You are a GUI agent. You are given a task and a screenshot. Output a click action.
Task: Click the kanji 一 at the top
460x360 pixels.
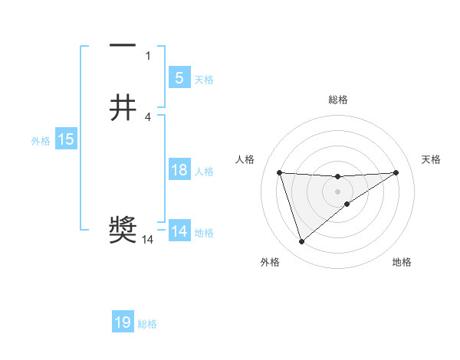[123, 47]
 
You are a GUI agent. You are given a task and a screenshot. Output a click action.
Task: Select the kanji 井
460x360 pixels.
[123, 107]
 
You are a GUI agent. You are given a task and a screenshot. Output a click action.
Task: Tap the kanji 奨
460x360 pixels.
[123, 230]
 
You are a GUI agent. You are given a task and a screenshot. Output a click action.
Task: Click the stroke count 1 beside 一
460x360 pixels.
[148, 55]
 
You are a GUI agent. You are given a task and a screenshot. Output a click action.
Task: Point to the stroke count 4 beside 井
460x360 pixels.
[148, 116]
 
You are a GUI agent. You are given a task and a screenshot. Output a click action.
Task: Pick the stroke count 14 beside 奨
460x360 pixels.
[148, 240]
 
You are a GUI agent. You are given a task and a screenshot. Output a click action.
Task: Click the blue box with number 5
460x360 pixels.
[179, 77]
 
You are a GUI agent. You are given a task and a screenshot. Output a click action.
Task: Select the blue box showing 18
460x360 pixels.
[179, 170]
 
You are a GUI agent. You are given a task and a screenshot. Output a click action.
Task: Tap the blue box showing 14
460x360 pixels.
[179, 231]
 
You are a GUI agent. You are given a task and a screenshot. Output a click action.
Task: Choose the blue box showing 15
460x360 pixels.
[66, 139]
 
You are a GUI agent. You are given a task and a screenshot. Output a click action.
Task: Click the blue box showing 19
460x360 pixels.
[123, 322]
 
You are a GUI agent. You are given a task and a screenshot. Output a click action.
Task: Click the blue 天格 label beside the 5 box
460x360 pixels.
[204, 79]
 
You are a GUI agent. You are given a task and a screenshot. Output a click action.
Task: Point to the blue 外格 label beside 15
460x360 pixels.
[41, 140]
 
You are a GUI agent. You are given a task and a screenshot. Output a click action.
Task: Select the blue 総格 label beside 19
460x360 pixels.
[147, 324]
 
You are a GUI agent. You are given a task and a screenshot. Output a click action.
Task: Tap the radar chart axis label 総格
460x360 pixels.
[337, 100]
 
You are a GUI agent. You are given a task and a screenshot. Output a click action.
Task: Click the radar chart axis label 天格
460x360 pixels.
[431, 159]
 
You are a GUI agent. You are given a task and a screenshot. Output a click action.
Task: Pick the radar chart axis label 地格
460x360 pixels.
[402, 262]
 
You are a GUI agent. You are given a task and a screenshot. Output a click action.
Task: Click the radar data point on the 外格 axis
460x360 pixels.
[301, 242]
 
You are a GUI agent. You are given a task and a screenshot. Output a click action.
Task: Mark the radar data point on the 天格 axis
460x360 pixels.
[396, 172]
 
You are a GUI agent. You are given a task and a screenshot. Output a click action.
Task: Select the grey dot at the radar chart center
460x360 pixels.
[337, 191]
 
